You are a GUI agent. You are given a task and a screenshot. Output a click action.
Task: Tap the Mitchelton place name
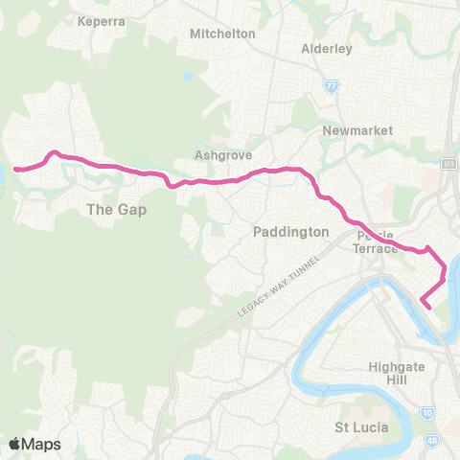pyautogui.click(x=222, y=33)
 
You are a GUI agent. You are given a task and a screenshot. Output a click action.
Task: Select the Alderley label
pyautogui.click(x=327, y=48)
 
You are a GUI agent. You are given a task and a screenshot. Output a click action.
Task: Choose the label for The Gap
pyautogui.click(x=116, y=209)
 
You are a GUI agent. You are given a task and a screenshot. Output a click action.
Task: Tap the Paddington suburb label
pyautogui.click(x=291, y=232)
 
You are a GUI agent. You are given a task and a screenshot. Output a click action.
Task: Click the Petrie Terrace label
pyautogui.click(x=377, y=241)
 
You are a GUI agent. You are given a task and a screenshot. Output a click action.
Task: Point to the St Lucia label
pyautogui.click(x=360, y=426)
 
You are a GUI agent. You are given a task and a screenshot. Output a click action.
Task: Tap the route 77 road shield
pyautogui.click(x=332, y=86)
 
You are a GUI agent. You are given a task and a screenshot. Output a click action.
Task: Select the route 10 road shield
pyautogui.click(x=425, y=411)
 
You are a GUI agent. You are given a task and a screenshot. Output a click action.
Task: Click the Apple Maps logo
pyautogui.click(x=34, y=444)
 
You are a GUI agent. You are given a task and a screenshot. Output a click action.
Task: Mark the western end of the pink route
pyautogui.click(x=15, y=169)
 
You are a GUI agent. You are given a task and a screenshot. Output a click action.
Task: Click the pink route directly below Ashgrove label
pyautogui.click(x=219, y=179)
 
